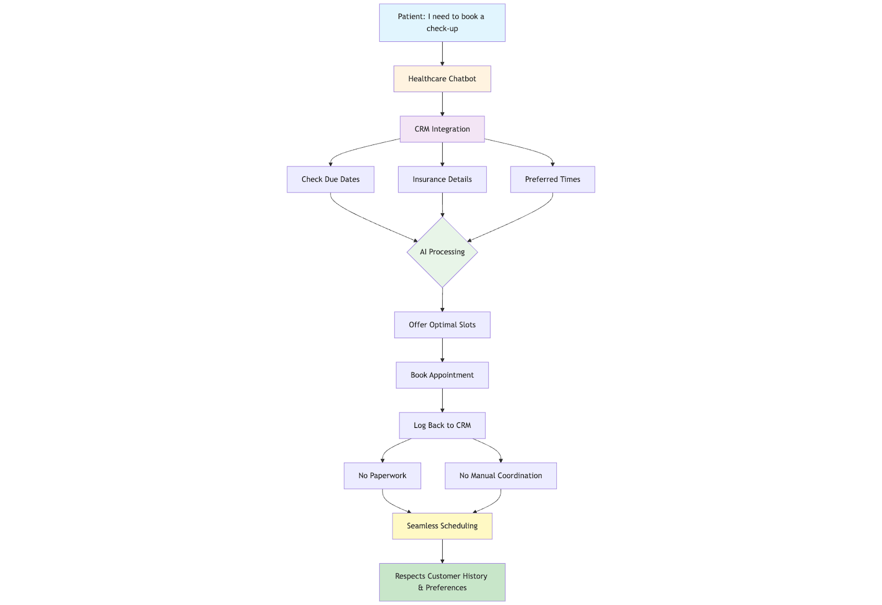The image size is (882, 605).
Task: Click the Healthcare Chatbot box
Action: (442, 79)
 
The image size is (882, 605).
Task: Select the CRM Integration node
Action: (442, 129)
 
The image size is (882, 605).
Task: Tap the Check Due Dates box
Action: (330, 179)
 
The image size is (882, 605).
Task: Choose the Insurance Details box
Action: (442, 179)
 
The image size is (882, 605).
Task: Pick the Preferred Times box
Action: (552, 179)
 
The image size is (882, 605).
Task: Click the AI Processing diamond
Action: (442, 252)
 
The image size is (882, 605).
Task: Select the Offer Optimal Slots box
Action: (442, 325)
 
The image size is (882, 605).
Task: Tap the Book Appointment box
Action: (442, 375)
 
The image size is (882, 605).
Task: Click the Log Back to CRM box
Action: (442, 425)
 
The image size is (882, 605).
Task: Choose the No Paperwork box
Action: (383, 476)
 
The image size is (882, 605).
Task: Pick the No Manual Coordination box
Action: (501, 476)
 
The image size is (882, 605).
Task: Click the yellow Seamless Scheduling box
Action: (442, 526)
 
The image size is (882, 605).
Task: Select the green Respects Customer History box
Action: (442, 582)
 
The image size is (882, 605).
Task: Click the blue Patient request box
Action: (442, 23)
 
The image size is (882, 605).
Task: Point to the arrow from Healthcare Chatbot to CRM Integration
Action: (442, 104)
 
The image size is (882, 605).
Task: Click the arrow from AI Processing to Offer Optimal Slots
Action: (442, 300)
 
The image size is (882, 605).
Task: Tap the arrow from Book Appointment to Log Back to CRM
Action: (442, 400)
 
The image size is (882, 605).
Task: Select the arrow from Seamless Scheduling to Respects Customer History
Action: (442, 551)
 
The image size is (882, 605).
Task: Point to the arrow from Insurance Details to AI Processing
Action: (442, 205)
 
